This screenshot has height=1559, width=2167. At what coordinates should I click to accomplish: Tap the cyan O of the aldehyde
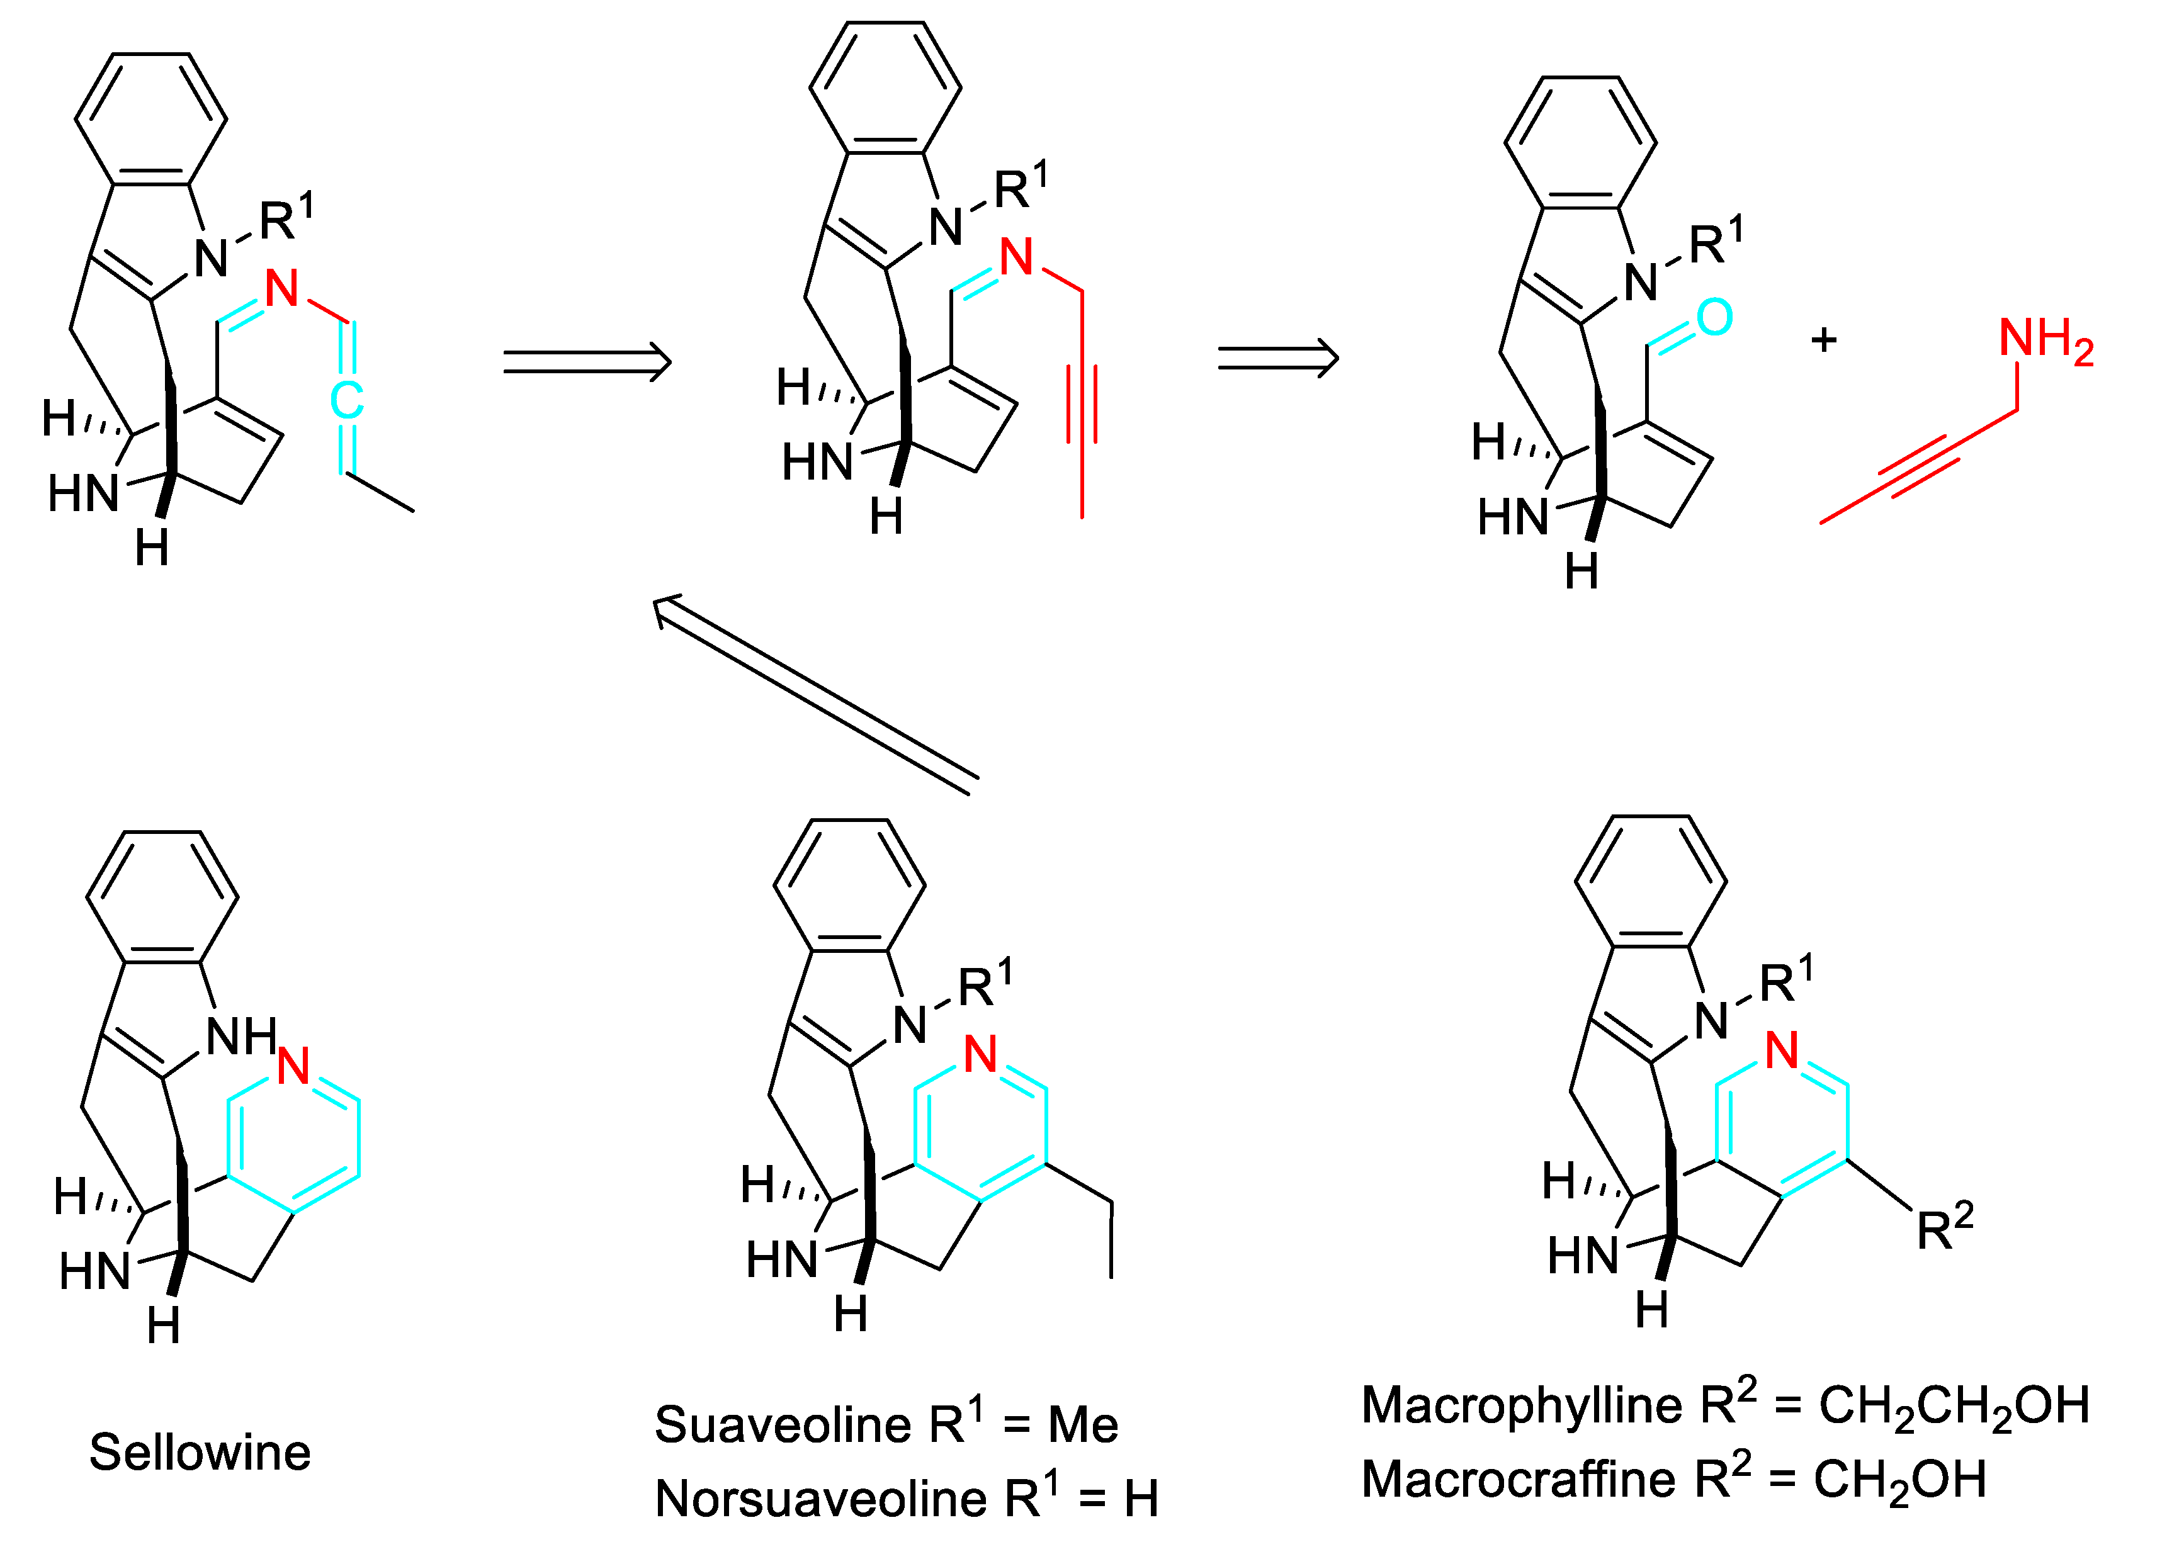[x=1714, y=317]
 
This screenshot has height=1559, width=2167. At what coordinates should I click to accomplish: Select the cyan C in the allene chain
[x=347, y=400]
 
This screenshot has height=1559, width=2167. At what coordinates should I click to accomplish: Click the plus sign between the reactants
[x=1823, y=340]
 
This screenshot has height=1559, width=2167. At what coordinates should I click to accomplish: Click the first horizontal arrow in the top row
[x=587, y=362]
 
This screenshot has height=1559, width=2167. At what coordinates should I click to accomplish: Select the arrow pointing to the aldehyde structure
[x=1277, y=358]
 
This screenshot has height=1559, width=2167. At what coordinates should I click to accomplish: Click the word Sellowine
[x=200, y=1453]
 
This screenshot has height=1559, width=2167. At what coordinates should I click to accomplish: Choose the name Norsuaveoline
[x=820, y=1499]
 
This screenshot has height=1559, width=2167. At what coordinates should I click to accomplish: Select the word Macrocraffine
[x=1517, y=1480]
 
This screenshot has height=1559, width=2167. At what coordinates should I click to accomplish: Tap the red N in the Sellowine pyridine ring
[x=293, y=1066]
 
